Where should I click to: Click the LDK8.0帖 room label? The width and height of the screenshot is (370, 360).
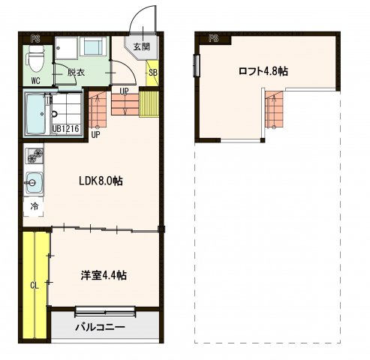(x=101, y=181)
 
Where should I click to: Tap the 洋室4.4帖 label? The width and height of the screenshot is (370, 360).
(x=104, y=275)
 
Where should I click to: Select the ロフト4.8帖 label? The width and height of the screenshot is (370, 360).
(x=263, y=71)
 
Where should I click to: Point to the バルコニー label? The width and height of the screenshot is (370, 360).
(x=99, y=328)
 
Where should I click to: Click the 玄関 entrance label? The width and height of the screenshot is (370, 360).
(x=141, y=46)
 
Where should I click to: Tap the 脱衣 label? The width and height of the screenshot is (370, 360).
(x=75, y=73)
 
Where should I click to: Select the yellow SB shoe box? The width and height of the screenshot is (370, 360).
(x=153, y=73)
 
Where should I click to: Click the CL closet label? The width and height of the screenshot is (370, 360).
(x=35, y=284)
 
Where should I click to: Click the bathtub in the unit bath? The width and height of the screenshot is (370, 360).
(x=35, y=114)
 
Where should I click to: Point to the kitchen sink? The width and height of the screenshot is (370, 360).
(x=34, y=181)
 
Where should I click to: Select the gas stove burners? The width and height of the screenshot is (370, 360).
(x=34, y=156)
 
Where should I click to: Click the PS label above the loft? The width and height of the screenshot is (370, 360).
(x=213, y=37)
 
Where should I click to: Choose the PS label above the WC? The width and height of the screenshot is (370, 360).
(x=35, y=37)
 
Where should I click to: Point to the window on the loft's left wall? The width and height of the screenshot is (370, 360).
(x=197, y=64)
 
